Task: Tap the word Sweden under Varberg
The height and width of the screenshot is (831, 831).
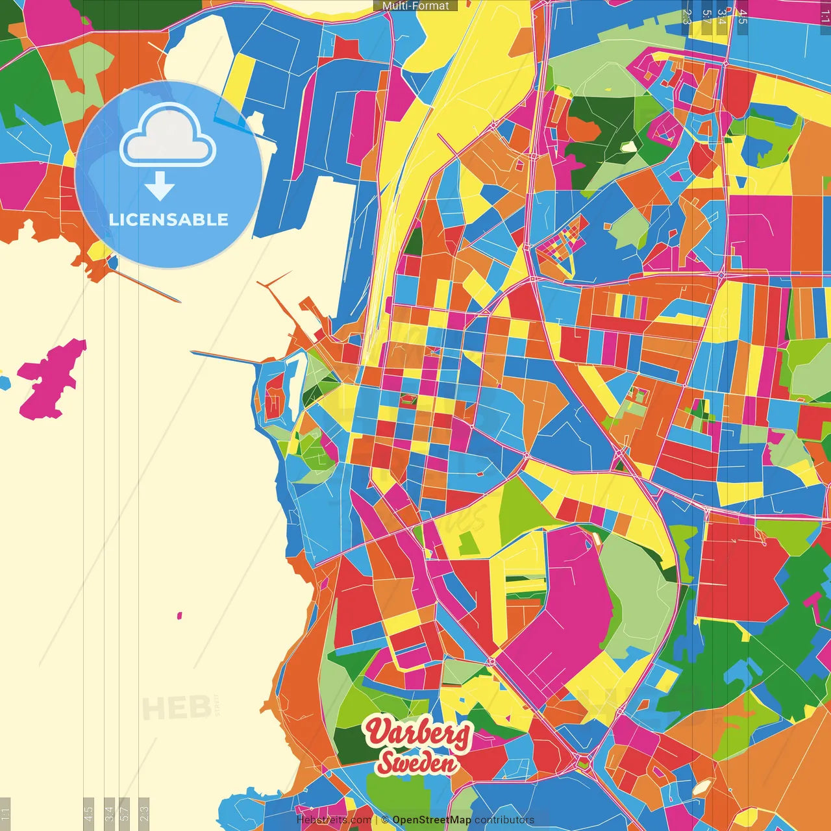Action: (x=417, y=763)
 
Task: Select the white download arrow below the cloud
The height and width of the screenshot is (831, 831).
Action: (x=160, y=186)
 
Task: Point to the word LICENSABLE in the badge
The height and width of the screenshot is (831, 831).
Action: (x=169, y=219)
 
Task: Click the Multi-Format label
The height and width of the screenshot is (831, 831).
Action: (x=415, y=6)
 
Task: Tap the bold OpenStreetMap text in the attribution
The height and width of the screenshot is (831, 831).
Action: (x=431, y=820)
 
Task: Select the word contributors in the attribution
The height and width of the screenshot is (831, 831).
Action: (x=504, y=820)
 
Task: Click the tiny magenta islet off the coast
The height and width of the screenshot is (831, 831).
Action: (x=180, y=615)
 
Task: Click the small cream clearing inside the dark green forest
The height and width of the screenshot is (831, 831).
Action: (x=628, y=147)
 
